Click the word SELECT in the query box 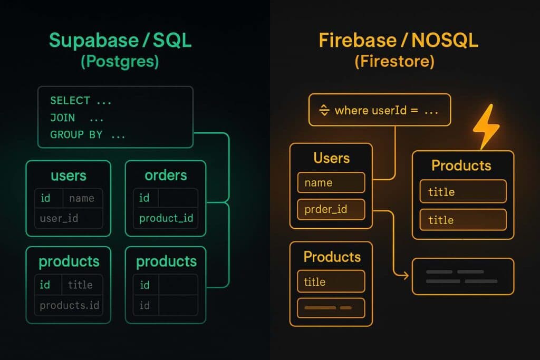70,100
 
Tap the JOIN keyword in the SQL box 62,118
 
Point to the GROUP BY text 76,135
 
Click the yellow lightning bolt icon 486,127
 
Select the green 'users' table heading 69,175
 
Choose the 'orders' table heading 166,175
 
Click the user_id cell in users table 59,218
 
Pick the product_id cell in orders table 166,218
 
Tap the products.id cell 69,305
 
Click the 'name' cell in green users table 82,198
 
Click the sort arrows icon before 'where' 324,111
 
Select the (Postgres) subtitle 120,62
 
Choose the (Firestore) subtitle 394,62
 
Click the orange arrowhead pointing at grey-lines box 405,276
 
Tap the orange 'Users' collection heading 331,158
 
